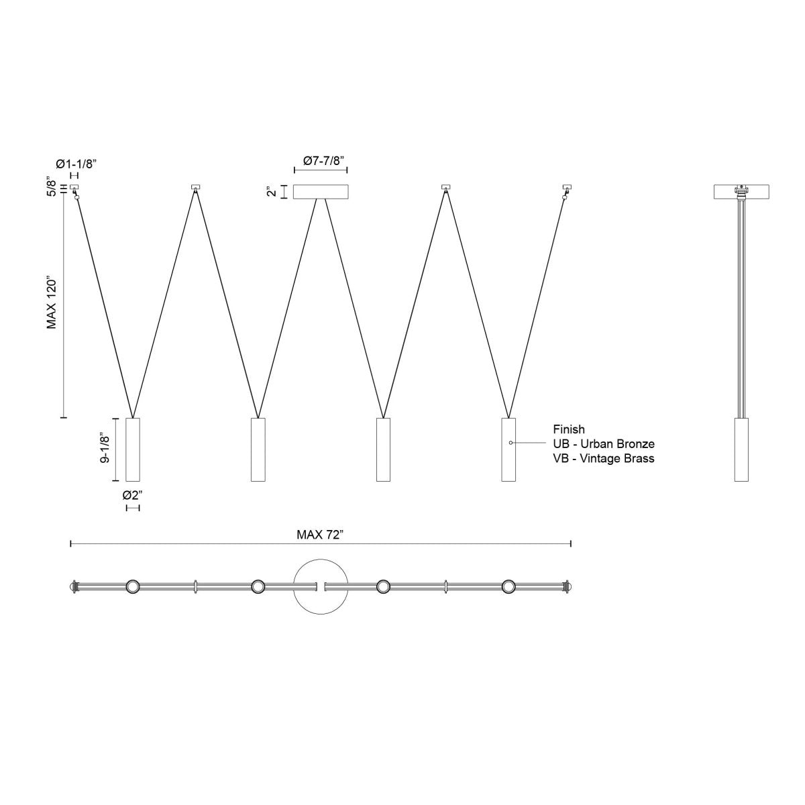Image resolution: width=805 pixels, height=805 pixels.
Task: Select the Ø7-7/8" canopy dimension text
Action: pyautogui.click(x=321, y=161)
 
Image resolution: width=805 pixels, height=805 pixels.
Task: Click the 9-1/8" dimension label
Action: pyautogui.click(x=105, y=449)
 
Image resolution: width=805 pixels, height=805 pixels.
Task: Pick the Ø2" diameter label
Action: pyautogui.click(x=132, y=496)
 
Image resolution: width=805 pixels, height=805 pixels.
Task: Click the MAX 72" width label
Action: pyautogui.click(x=320, y=535)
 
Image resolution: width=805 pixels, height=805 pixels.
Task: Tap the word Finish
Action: pyautogui.click(x=569, y=429)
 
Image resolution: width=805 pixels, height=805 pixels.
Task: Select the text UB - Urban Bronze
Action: pyautogui.click(x=603, y=444)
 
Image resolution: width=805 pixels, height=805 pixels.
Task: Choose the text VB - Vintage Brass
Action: pyautogui.click(x=603, y=459)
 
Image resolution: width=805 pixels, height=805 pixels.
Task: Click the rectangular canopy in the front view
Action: pyautogui.click(x=321, y=192)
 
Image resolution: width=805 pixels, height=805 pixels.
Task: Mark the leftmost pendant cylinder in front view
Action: pyautogui.click(x=133, y=449)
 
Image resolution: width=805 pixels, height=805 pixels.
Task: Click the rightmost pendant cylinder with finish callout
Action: pyautogui.click(x=508, y=449)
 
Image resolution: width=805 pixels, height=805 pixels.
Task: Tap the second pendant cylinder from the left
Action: pyautogui.click(x=258, y=449)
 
